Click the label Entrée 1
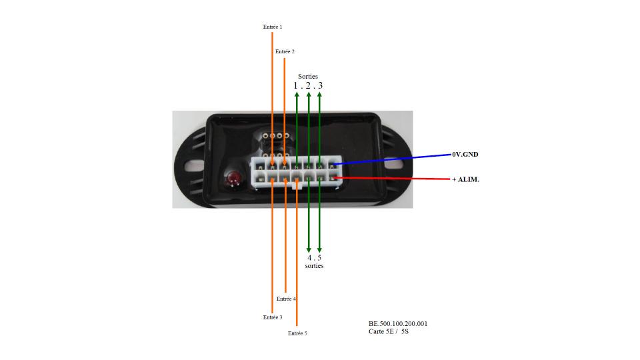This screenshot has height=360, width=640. (273, 27)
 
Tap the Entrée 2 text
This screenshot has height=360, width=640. (285, 51)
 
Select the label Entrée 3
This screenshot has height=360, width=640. (273, 317)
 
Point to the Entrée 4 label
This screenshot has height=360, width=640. (286, 299)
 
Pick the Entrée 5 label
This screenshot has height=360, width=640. (297, 333)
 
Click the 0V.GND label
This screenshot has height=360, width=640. (465, 154)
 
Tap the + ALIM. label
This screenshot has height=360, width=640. (466, 179)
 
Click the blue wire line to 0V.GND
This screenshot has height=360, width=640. (393, 159)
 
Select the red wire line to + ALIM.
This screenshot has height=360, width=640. (393, 179)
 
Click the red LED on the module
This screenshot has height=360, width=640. (234, 179)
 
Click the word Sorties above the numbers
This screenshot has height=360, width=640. (308, 76)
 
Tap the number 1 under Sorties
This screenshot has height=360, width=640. (295, 86)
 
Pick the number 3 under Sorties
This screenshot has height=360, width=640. (321, 86)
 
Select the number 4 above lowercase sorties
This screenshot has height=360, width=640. (309, 257)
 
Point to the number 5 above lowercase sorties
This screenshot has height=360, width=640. (319, 257)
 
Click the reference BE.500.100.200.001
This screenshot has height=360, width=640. (398, 324)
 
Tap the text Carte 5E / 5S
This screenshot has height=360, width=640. (389, 331)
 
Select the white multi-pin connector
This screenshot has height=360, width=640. (297, 172)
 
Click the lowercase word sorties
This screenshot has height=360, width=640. (314, 266)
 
